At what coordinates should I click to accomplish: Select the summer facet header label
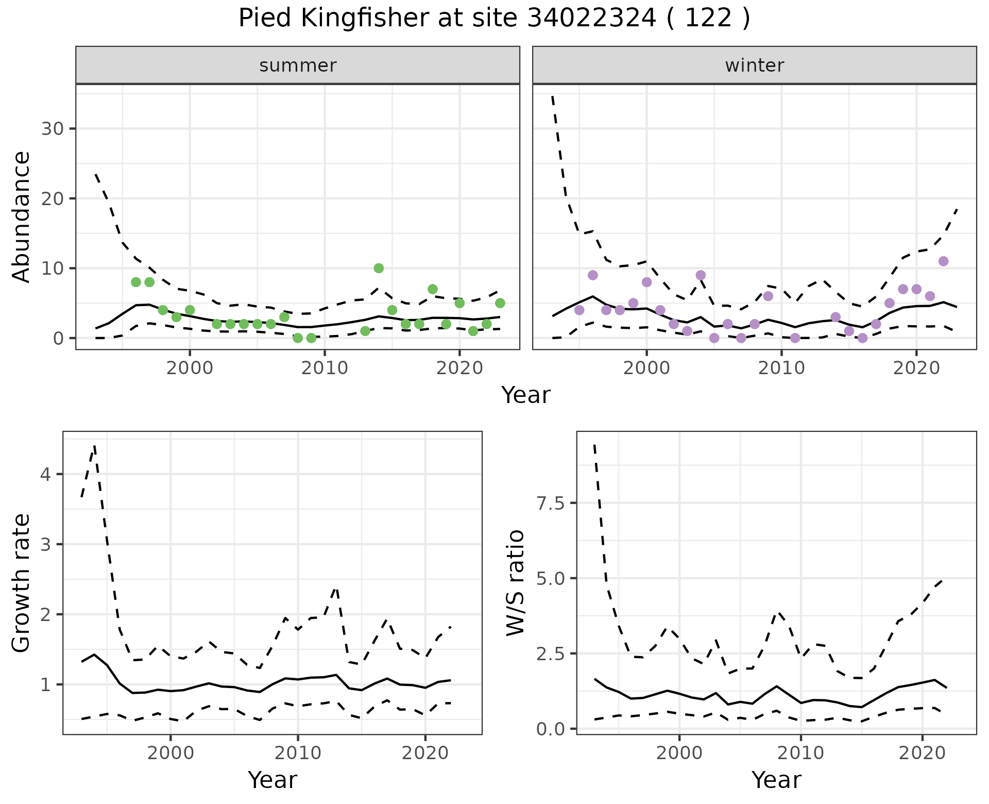click(x=298, y=65)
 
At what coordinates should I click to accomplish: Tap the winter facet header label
click(x=754, y=65)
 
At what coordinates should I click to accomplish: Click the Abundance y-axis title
click(x=21, y=216)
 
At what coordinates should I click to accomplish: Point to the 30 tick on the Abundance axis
click(x=52, y=129)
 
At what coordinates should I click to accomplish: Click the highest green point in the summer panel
click(x=379, y=268)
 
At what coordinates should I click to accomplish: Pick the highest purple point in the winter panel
click(x=943, y=261)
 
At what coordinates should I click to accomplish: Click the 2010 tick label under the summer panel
click(x=325, y=368)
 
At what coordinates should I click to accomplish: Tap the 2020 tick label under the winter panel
click(x=916, y=368)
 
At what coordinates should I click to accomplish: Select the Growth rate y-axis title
click(x=21, y=583)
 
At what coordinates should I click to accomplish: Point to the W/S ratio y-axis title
click(x=515, y=583)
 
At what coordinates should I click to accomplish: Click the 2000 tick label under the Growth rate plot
click(x=170, y=753)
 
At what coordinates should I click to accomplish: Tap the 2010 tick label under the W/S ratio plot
click(x=800, y=753)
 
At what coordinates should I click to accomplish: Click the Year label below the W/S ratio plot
click(x=776, y=780)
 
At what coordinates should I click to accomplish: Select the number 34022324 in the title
click(x=592, y=19)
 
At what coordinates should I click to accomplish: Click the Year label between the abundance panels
click(x=526, y=395)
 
